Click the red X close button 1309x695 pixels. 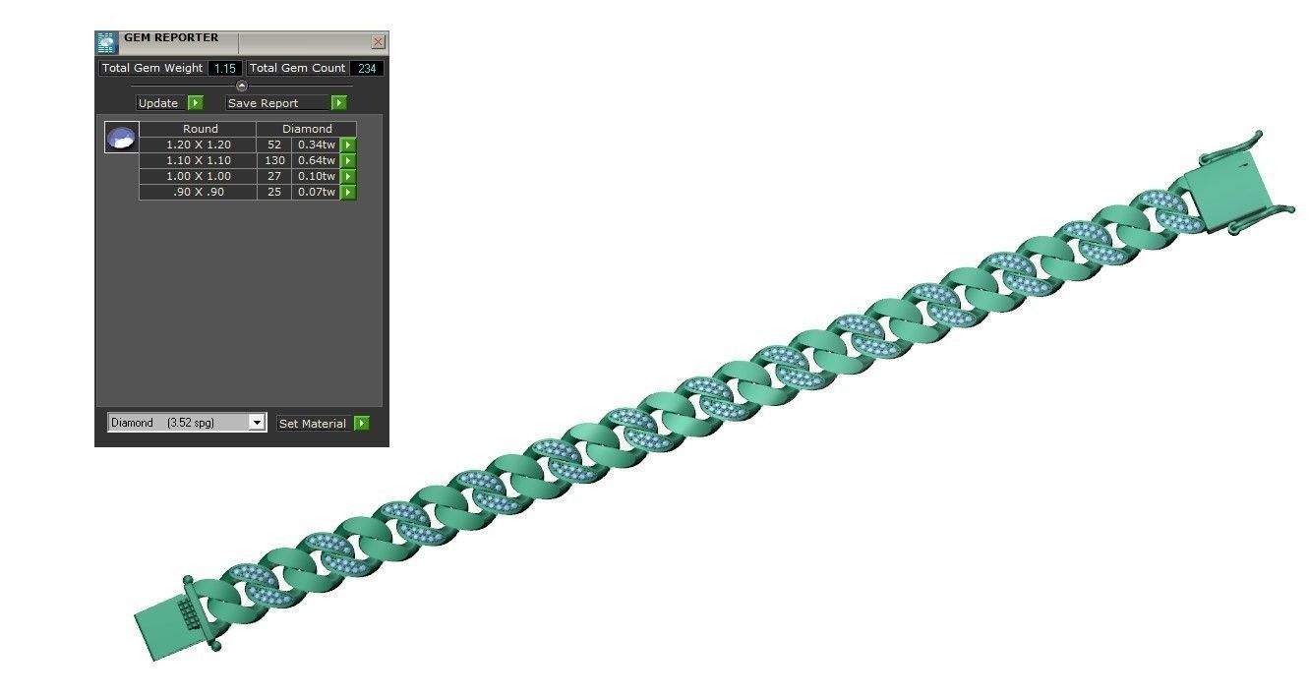coord(378,42)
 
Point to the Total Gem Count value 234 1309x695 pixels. coord(367,68)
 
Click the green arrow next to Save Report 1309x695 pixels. coord(339,102)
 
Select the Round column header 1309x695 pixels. coord(200,129)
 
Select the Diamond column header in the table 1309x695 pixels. coord(307,129)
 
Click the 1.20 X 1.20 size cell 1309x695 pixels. coord(198,145)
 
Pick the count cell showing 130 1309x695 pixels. coord(274,160)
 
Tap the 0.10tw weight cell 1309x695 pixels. coord(316,176)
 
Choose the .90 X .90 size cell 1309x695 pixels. coord(198,192)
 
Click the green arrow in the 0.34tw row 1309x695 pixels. coord(348,145)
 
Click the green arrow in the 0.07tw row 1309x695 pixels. coord(348,192)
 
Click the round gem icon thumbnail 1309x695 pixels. coord(122,138)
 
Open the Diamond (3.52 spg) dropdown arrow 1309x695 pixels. coord(257,423)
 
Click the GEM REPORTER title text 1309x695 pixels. coord(171,38)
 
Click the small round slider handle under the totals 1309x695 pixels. coord(242,86)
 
